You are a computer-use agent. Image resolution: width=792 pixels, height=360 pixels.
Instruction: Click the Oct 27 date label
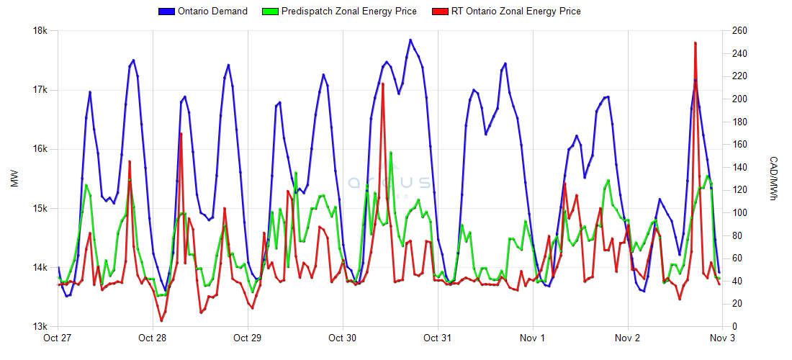[58, 338]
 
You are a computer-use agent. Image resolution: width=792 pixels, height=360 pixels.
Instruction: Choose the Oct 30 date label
[343, 338]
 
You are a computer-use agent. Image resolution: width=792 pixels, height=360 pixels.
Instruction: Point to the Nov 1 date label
[533, 338]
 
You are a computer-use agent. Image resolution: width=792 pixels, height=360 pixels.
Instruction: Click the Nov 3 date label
[722, 338]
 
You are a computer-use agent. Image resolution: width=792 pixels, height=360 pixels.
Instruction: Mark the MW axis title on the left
[14, 179]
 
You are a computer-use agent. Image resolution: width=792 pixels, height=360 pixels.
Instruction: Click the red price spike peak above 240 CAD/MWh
[695, 43]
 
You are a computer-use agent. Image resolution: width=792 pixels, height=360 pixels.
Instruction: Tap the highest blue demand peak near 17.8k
[410, 40]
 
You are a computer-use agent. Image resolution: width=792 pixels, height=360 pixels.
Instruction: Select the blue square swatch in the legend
[167, 11]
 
